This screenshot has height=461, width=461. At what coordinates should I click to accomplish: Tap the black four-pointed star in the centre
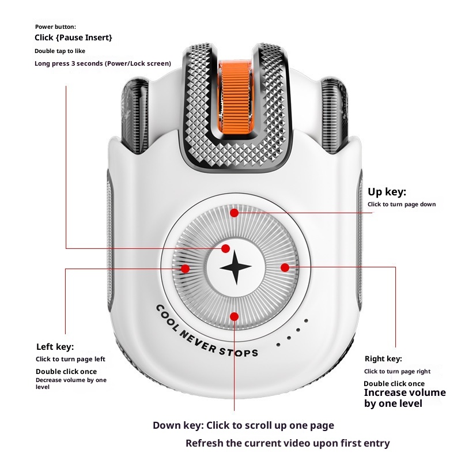(236, 268)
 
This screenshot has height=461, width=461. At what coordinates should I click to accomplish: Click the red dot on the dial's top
(234, 213)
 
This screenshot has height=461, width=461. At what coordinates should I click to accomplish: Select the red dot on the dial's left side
(186, 269)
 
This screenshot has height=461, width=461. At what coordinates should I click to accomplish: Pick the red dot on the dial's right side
(285, 267)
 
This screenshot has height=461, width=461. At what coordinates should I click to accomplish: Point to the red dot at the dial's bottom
(235, 316)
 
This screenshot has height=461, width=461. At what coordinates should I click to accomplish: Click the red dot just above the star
(226, 248)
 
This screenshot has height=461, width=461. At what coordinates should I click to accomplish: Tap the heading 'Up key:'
(387, 192)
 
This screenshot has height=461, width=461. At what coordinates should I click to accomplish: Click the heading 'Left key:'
(55, 346)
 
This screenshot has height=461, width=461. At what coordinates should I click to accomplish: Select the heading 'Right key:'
(383, 358)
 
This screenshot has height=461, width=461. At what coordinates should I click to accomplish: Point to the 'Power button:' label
(55, 27)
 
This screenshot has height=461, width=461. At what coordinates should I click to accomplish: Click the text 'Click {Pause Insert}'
(74, 38)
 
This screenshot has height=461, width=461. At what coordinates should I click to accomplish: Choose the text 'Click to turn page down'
(402, 205)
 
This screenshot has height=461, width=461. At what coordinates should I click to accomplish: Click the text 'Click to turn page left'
(70, 359)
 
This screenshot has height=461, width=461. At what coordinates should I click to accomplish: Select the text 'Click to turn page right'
(397, 372)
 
